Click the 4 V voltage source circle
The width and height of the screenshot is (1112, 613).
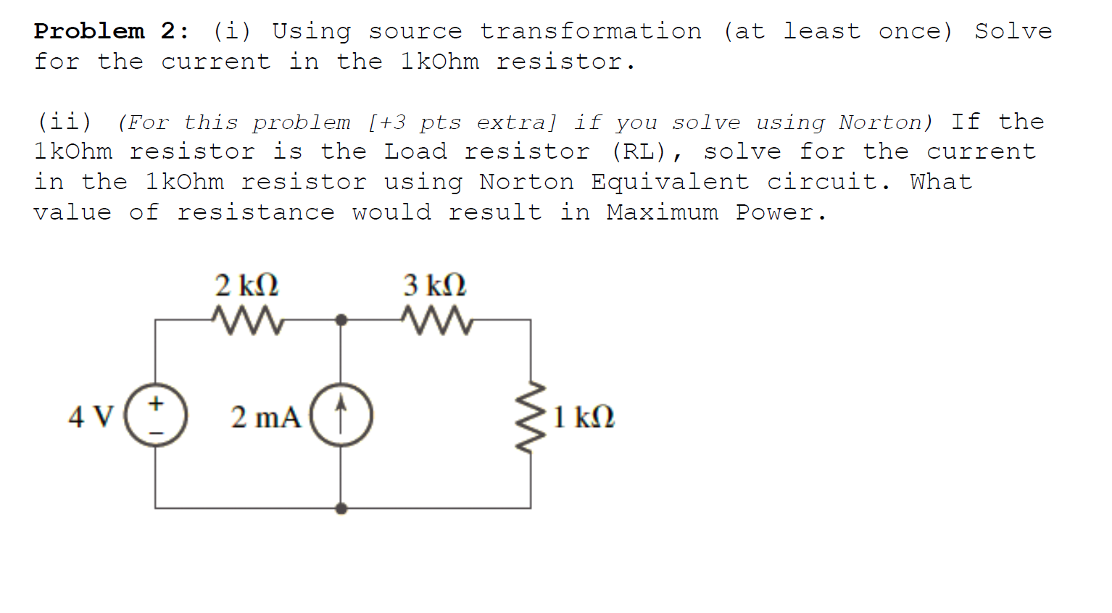(x=156, y=416)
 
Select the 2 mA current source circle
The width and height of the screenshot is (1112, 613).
(x=341, y=416)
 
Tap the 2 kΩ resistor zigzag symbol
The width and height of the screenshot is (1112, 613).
(x=247, y=320)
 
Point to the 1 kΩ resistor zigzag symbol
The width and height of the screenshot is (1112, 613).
(x=531, y=417)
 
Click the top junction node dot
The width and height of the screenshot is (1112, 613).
(x=341, y=320)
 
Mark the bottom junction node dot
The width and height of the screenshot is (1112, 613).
(x=341, y=509)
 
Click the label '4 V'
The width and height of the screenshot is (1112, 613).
(x=91, y=417)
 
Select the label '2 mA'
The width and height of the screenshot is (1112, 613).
(x=265, y=417)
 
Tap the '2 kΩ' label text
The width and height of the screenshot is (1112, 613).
(x=246, y=285)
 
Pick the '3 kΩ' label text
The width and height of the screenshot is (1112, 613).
(x=435, y=285)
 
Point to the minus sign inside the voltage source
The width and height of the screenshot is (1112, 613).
(x=156, y=433)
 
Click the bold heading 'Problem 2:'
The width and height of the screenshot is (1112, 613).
(x=112, y=31)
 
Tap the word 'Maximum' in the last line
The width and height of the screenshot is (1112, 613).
(x=663, y=212)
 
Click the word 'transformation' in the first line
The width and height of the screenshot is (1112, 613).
(x=591, y=31)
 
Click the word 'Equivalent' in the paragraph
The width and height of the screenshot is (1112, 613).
(x=670, y=182)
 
